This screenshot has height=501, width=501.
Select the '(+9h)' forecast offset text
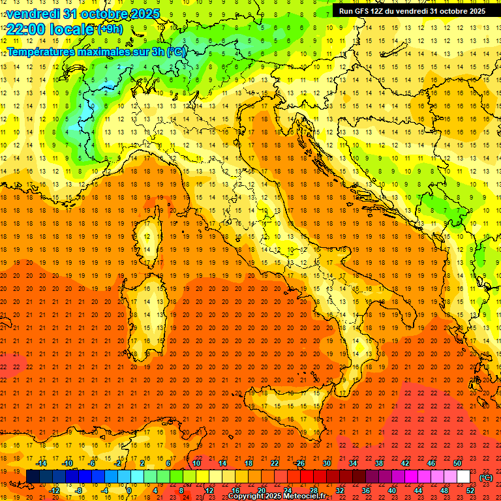pos(110,29)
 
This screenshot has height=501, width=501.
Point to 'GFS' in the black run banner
pos(365,11)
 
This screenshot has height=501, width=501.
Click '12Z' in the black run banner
pos(382,11)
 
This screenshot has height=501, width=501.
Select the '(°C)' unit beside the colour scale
pos(485,477)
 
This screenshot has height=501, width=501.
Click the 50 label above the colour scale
pos(457,463)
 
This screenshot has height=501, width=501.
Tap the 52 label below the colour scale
pos(470,491)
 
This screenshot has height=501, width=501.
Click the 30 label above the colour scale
pos(326,463)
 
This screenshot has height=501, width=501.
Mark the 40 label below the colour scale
pos(392,491)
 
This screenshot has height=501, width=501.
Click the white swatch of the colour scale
pos(463,477)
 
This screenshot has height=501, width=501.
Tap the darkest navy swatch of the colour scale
pos(33,477)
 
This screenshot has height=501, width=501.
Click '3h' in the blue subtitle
pos(156,52)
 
